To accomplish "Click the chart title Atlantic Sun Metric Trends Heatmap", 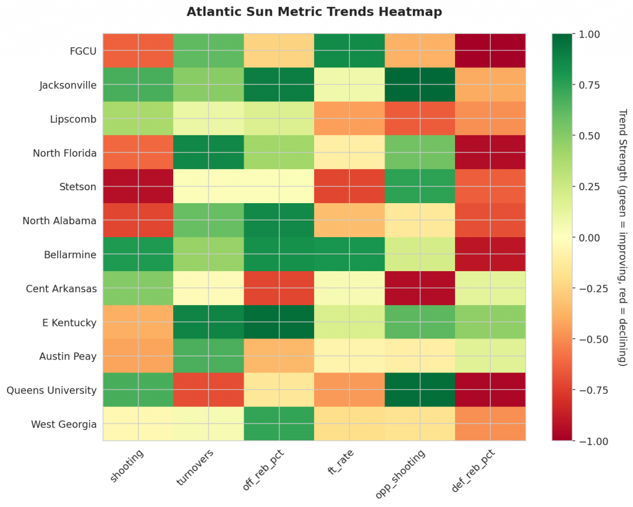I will pyautogui.click(x=314, y=12).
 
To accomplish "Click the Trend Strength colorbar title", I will pyautogui.click(x=622, y=237).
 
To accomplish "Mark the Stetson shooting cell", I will pyautogui.click(x=138, y=186).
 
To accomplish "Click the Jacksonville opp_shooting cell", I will pyautogui.click(x=420, y=85).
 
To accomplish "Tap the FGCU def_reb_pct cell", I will pyautogui.click(x=490, y=51).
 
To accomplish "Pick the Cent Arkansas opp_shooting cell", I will pyautogui.click(x=420, y=288).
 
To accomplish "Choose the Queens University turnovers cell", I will pyautogui.click(x=208, y=390).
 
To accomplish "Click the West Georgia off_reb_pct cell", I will pyautogui.click(x=279, y=424).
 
